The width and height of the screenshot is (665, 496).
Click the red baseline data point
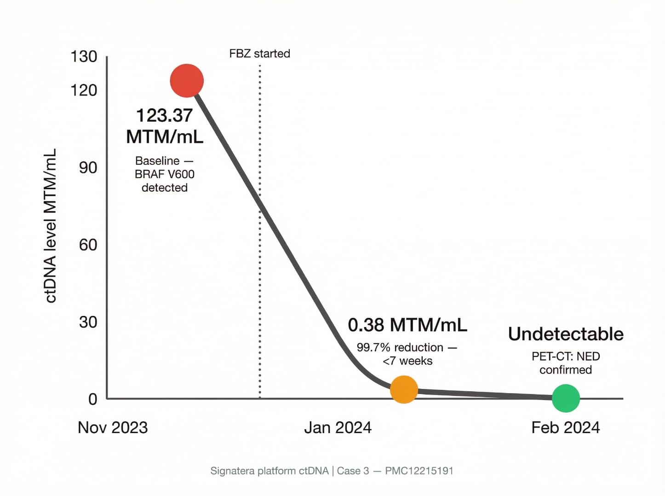click(x=187, y=81)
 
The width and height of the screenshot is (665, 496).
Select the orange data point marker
click(x=404, y=389)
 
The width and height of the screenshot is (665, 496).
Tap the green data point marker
click(x=566, y=398)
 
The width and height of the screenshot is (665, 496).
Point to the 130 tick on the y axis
click(x=84, y=56)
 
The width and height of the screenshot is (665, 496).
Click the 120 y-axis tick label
click(x=84, y=90)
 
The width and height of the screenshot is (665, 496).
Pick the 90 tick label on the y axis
click(x=88, y=168)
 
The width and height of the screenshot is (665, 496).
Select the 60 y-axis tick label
click(x=88, y=245)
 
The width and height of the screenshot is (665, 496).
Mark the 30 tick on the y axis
click(x=88, y=322)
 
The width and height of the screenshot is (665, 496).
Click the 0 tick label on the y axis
click(x=93, y=399)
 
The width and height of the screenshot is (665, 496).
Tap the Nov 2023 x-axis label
click(x=113, y=428)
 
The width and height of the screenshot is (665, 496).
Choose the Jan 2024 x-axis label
click(x=338, y=428)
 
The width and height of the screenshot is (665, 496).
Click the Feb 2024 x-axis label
click(x=565, y=428)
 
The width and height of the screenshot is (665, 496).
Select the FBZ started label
click(x=259, y=54)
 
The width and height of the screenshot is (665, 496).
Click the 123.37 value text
click(x=164, y=115)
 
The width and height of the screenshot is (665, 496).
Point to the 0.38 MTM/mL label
click(x=407, y=325)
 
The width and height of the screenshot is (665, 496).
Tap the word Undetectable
click(x=566, y=334)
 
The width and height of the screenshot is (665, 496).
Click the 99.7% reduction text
click(x=400, y=347)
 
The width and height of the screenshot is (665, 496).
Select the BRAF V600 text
click(x=164, y=174)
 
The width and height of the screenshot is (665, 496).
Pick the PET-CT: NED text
click(x=566, y=356)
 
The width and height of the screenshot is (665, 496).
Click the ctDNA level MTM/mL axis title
click(x=51, y=225)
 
